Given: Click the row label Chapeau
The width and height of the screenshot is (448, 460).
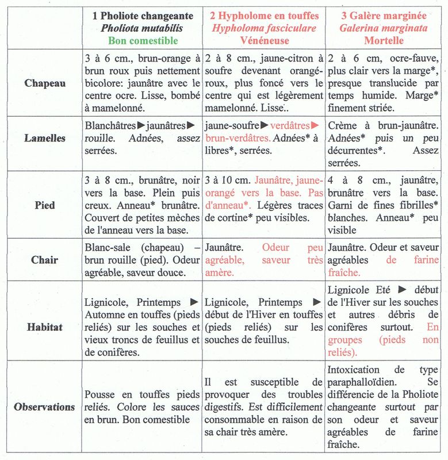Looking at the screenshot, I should tap(45, 83).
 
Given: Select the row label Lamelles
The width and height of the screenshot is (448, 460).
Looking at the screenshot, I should tap(45, 138).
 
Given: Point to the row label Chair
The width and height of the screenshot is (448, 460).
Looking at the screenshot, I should tap(45, 259).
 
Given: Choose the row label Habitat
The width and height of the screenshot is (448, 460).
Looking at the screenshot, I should tap(45, 327).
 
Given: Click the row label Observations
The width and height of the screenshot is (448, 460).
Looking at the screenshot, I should tap(45, 407).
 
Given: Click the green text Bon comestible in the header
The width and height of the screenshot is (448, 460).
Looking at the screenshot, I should tap(142, 40).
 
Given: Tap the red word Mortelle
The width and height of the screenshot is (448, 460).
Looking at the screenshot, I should tap(384, 40).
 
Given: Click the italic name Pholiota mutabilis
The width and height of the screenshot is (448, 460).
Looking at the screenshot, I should tap(142, 28).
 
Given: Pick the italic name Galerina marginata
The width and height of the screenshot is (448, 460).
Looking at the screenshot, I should tap(384, 28).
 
